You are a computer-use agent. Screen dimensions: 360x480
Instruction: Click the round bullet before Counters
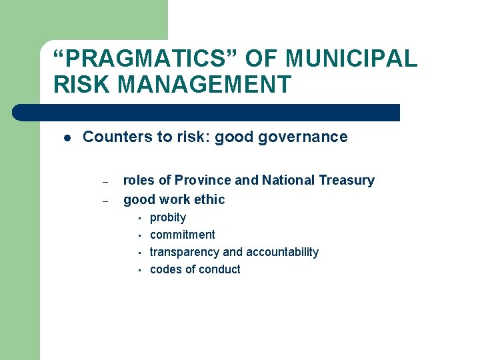[x=67, y=138]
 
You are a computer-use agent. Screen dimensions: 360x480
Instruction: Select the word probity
[x=168, y=217]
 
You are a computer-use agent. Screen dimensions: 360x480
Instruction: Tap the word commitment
[x=183, y=235]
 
